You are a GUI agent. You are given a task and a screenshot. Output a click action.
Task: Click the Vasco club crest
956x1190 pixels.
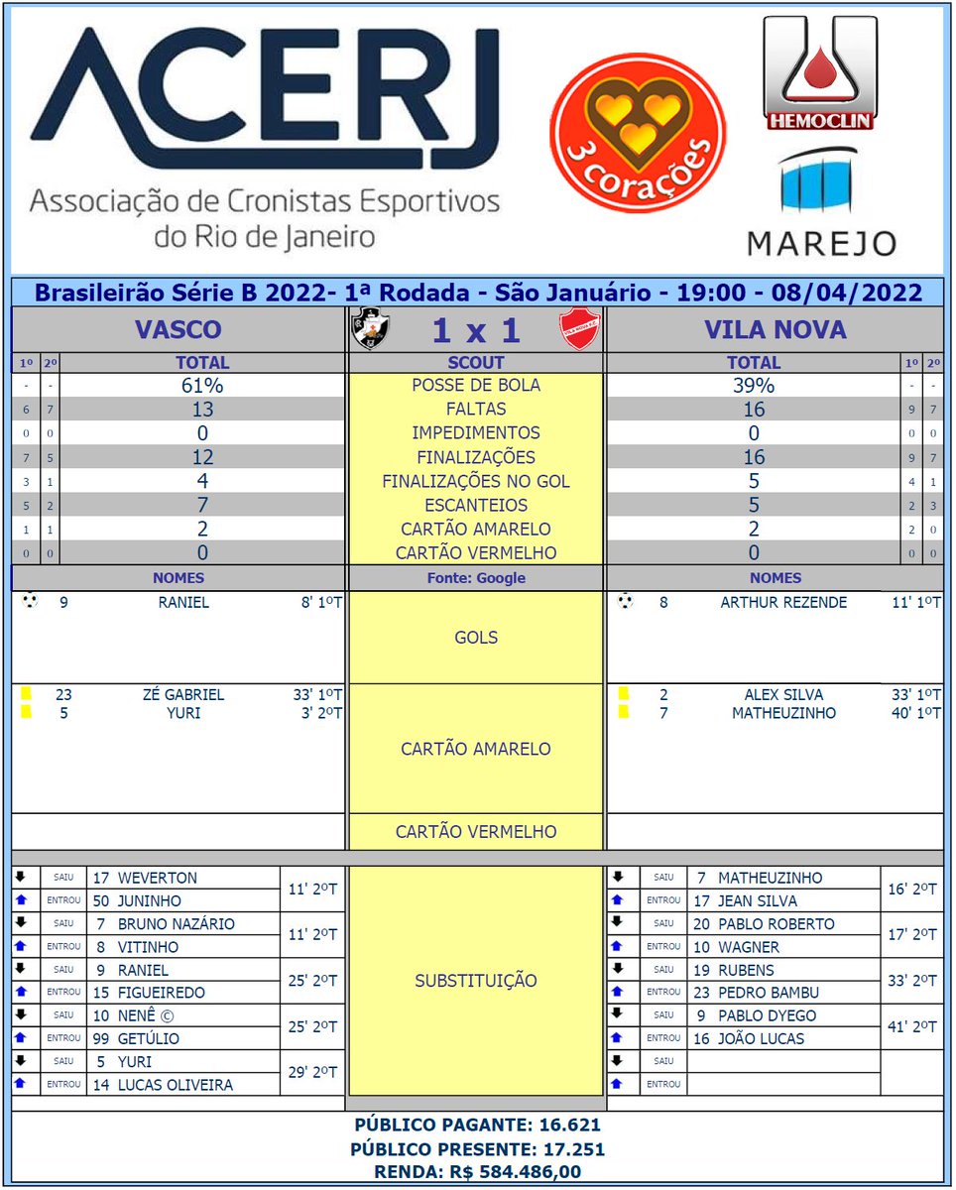(371, 328)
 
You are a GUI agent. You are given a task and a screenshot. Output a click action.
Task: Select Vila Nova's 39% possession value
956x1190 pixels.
(753, 386)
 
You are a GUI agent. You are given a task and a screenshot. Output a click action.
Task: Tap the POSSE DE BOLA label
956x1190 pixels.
(476, 386)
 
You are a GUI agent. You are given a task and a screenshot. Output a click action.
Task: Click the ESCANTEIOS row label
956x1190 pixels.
(476, 506)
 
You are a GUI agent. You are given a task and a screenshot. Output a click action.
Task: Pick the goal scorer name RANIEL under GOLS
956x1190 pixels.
(184, 602)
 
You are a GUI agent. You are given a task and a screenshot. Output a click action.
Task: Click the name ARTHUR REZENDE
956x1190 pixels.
(783, 602)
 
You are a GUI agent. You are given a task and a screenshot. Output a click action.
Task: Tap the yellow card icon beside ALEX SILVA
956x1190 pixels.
(623, 695)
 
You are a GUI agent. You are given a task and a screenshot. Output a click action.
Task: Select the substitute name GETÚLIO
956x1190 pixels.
(148, 1039)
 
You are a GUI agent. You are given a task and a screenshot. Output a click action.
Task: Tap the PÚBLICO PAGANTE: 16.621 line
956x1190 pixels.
(477, 1126)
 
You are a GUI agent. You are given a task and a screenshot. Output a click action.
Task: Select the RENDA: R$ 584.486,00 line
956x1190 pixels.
(477, 1172)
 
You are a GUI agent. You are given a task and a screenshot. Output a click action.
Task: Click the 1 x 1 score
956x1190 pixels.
(476, 329)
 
